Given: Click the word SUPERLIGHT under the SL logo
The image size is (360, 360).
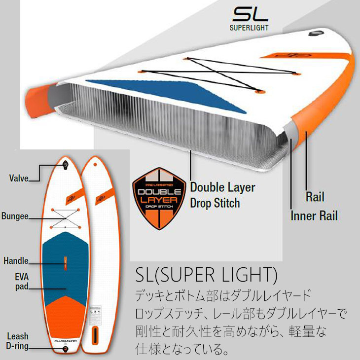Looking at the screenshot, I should point(249,27).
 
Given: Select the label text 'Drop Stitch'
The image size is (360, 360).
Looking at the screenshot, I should point(215,203).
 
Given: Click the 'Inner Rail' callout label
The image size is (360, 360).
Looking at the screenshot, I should point(321,216).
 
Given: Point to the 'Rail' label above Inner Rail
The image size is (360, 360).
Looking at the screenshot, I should point(315,197).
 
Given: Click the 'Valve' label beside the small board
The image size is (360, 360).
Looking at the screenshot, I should point(18,179).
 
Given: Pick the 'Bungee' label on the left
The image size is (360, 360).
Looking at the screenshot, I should point(15,216).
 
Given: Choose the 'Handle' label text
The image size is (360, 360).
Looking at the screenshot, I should point(15,261).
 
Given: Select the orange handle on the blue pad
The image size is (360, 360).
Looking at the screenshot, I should point(65,261).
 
